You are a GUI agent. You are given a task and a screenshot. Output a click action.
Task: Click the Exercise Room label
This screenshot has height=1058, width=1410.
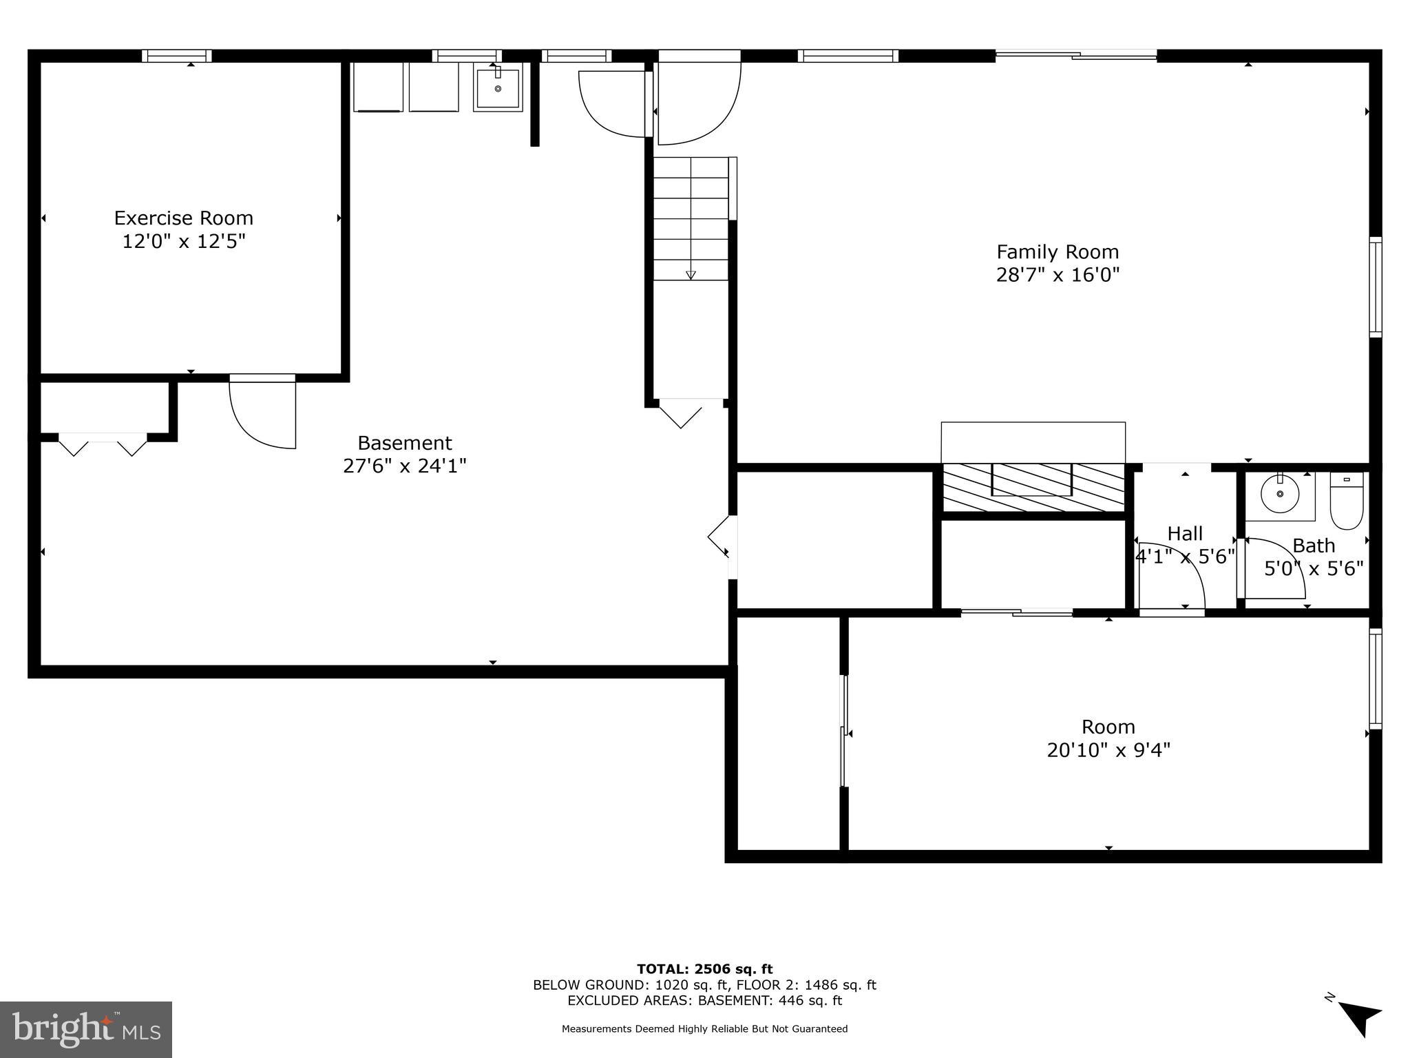[x=183, y=218]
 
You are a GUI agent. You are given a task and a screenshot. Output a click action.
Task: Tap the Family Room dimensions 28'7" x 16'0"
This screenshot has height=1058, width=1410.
[x=1057, y=276]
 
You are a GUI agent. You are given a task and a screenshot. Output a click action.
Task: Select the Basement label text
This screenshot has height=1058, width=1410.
[x=405, y=443]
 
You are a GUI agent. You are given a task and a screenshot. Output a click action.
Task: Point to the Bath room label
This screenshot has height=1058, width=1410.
[x=1314, y=546]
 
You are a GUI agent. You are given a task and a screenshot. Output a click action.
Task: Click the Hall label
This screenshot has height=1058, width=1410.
[x=1185, y=534]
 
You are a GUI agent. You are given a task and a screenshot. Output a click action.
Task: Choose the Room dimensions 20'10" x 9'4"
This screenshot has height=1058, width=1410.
[x=1108, y=750]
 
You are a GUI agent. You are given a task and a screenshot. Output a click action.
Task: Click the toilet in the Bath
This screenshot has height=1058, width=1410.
[x=1346, y=500]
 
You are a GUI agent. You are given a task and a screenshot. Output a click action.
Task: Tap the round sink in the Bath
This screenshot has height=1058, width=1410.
[x=1280, y=494]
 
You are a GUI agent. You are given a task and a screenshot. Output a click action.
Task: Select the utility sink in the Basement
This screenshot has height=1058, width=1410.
[x=498, y=87]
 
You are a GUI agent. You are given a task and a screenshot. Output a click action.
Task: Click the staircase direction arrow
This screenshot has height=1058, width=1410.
[x=691, y=275]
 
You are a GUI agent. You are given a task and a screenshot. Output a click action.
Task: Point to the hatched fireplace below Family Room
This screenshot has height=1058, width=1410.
[x=1033, y=488]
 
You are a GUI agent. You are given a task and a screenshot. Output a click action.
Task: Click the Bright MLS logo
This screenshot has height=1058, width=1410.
[x=86, y=1029]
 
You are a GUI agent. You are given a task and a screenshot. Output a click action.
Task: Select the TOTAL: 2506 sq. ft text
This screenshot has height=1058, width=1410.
[x=704, y=969]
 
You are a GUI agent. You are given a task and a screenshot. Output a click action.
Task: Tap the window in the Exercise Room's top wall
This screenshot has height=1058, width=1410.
[x=177, y=56]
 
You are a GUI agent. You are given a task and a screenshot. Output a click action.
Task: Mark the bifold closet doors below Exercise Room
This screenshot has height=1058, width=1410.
[x=103, y=444]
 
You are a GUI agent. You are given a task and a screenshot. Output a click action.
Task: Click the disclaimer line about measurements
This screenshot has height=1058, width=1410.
[x=704, y=1029]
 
